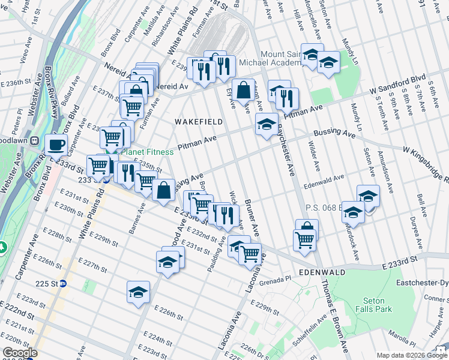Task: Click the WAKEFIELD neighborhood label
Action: [198, 122]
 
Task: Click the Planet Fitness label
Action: [148, 152]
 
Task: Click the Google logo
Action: [20, 353]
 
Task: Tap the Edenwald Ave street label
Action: [324, 178]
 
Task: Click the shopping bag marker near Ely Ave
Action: [244, 91]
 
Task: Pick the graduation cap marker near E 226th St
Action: [139, 292]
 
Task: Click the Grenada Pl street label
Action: [276, 278]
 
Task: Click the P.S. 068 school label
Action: [323, 208]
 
